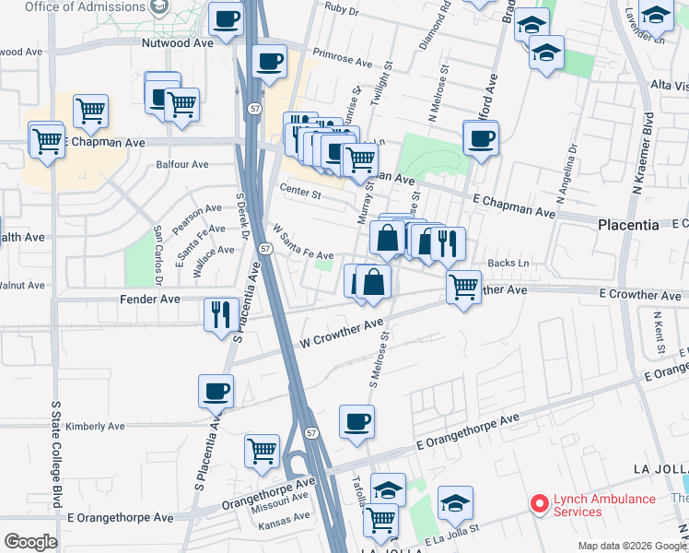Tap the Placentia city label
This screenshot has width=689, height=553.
point(628,224)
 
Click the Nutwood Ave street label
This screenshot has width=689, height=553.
point(178,42)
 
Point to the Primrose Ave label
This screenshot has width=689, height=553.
point(342,57)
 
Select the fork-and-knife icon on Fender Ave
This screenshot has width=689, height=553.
point(220,313)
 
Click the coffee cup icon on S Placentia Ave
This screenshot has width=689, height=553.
point(216,390)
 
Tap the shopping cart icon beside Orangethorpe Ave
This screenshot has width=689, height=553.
point(262,451)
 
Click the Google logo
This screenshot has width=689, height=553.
point(30,542)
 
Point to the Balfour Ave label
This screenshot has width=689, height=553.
point(182,165)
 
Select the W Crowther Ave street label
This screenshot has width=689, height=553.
point(341,334)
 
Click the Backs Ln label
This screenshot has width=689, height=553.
point(509,264)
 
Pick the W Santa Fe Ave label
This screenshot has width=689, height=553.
point(302,241)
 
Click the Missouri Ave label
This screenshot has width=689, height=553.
point(285,497)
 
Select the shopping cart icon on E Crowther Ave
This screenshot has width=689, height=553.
point(463,286)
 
